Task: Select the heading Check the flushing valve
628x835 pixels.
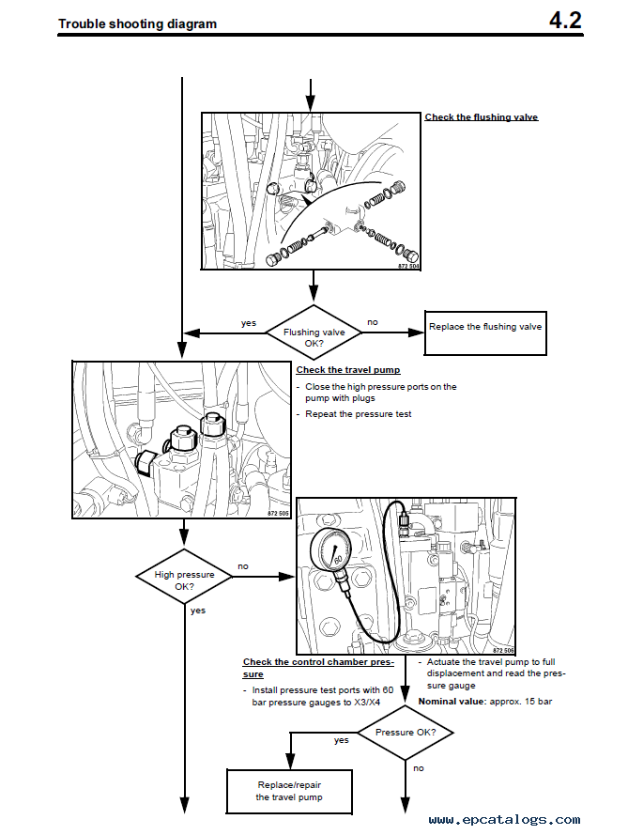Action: [x=482, y=117]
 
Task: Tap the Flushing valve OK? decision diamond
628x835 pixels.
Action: [x=314, y=332]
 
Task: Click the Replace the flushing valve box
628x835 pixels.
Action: [x=485, y=328]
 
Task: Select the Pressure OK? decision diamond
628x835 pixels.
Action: [x=406, y=732]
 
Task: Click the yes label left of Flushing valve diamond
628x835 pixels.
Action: [x=248, y=323]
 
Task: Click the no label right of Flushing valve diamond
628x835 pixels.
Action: [x=373, y=322]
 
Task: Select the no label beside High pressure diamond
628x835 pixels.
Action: [x=243, y=566]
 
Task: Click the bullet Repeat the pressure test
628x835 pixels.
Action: [x=358, y=414]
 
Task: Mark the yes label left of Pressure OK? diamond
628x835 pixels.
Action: [x=342, y=740]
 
